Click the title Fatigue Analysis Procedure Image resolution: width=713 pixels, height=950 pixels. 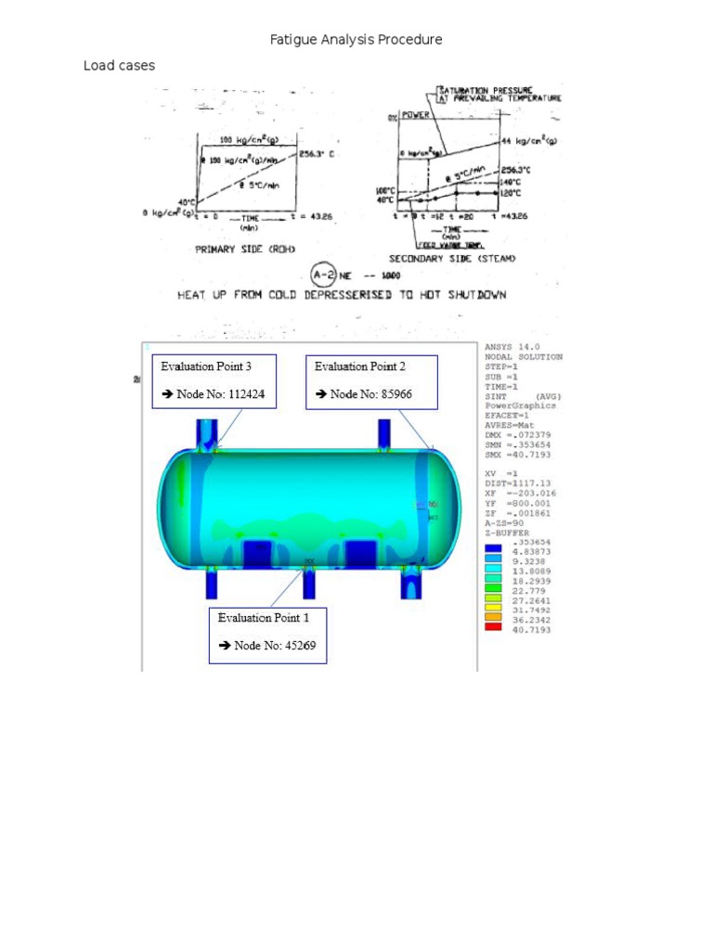356,40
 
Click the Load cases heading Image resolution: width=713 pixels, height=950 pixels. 119,66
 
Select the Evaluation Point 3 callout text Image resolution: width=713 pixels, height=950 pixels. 205,366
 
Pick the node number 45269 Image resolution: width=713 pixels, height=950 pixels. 281,645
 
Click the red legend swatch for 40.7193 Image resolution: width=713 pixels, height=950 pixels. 493,628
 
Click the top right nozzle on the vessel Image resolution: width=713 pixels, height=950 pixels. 382,434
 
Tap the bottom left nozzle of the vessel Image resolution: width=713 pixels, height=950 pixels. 211,584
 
